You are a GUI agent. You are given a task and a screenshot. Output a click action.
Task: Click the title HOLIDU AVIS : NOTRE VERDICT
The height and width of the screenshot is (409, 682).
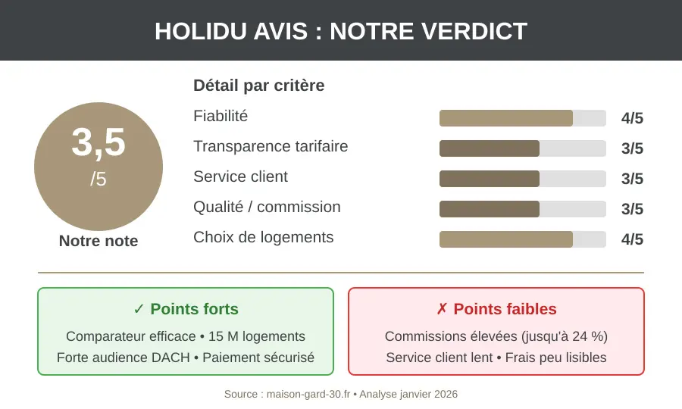[341, 31]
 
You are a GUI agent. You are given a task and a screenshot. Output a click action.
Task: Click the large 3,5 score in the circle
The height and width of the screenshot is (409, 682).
[99, 142]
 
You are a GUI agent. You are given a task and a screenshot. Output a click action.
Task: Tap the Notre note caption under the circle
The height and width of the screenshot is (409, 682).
[99, 241]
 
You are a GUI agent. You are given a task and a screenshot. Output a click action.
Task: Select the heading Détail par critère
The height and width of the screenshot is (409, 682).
[258, 86]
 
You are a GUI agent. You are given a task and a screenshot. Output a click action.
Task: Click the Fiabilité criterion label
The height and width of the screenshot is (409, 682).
[221, 116]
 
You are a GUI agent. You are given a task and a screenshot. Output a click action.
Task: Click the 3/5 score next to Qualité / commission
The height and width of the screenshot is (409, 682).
[632, 209]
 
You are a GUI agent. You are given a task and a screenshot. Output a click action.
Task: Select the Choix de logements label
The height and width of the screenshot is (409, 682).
[263, 237]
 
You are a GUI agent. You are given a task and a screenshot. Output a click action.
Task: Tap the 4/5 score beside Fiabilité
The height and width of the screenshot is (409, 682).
[632, 118]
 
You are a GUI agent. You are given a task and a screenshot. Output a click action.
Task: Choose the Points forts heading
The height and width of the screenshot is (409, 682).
[194, 309]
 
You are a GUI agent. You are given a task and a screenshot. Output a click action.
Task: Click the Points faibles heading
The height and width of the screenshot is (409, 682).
[505, 309]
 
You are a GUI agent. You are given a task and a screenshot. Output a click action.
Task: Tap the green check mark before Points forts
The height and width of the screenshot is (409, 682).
[139, 309]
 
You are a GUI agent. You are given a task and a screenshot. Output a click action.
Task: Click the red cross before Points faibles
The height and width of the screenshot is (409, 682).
[442, 309]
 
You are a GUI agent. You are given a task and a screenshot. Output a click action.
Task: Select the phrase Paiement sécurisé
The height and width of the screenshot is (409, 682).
[258, 357]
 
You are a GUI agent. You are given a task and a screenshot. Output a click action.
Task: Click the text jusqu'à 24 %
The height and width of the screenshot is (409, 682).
[563, 336]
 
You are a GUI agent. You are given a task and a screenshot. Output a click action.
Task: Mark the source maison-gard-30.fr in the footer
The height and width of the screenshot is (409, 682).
[308, 395]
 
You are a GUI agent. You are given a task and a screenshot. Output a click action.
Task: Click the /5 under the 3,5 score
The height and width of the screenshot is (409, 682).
[99, 180]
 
